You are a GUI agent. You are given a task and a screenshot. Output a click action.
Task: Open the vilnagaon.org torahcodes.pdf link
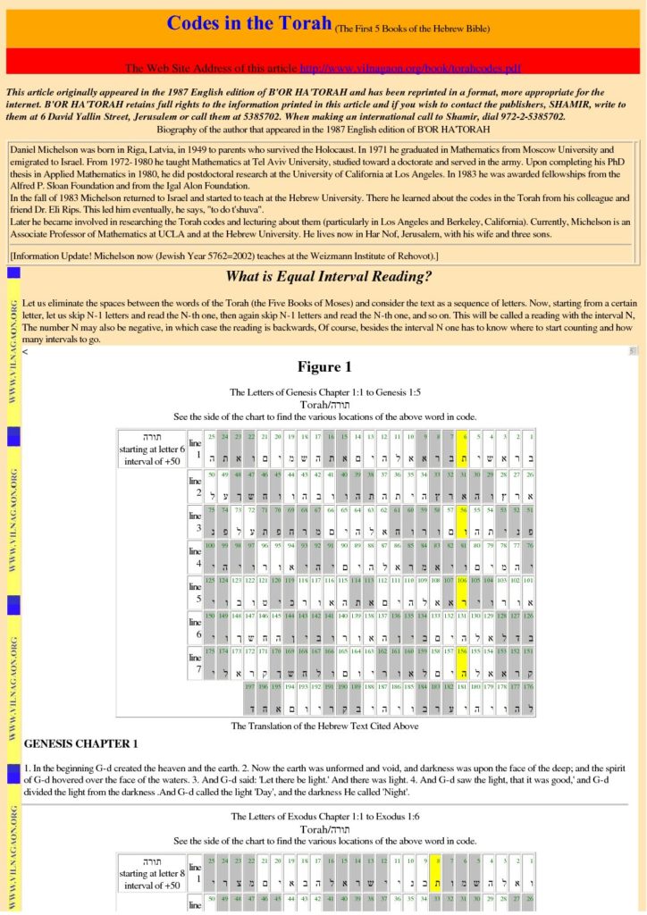pos(410,67)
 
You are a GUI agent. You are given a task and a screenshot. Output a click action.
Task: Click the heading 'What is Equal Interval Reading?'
pos(328,276)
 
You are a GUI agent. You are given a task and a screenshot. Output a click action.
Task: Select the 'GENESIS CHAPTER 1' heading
pos(81,743)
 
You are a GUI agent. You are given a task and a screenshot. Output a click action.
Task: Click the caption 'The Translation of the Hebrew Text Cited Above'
pos(324,726)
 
